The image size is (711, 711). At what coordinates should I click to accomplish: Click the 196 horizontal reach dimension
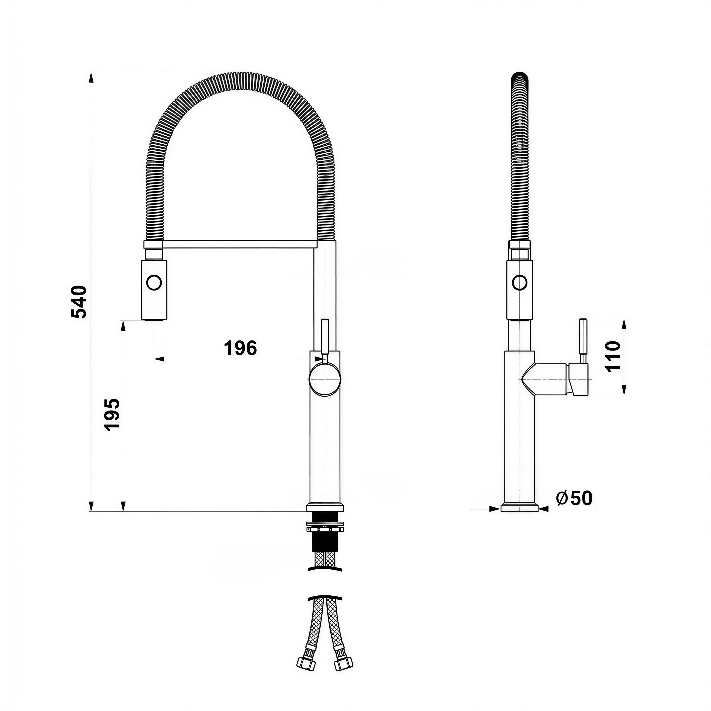240,348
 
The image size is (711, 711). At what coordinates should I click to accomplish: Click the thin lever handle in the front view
325,337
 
